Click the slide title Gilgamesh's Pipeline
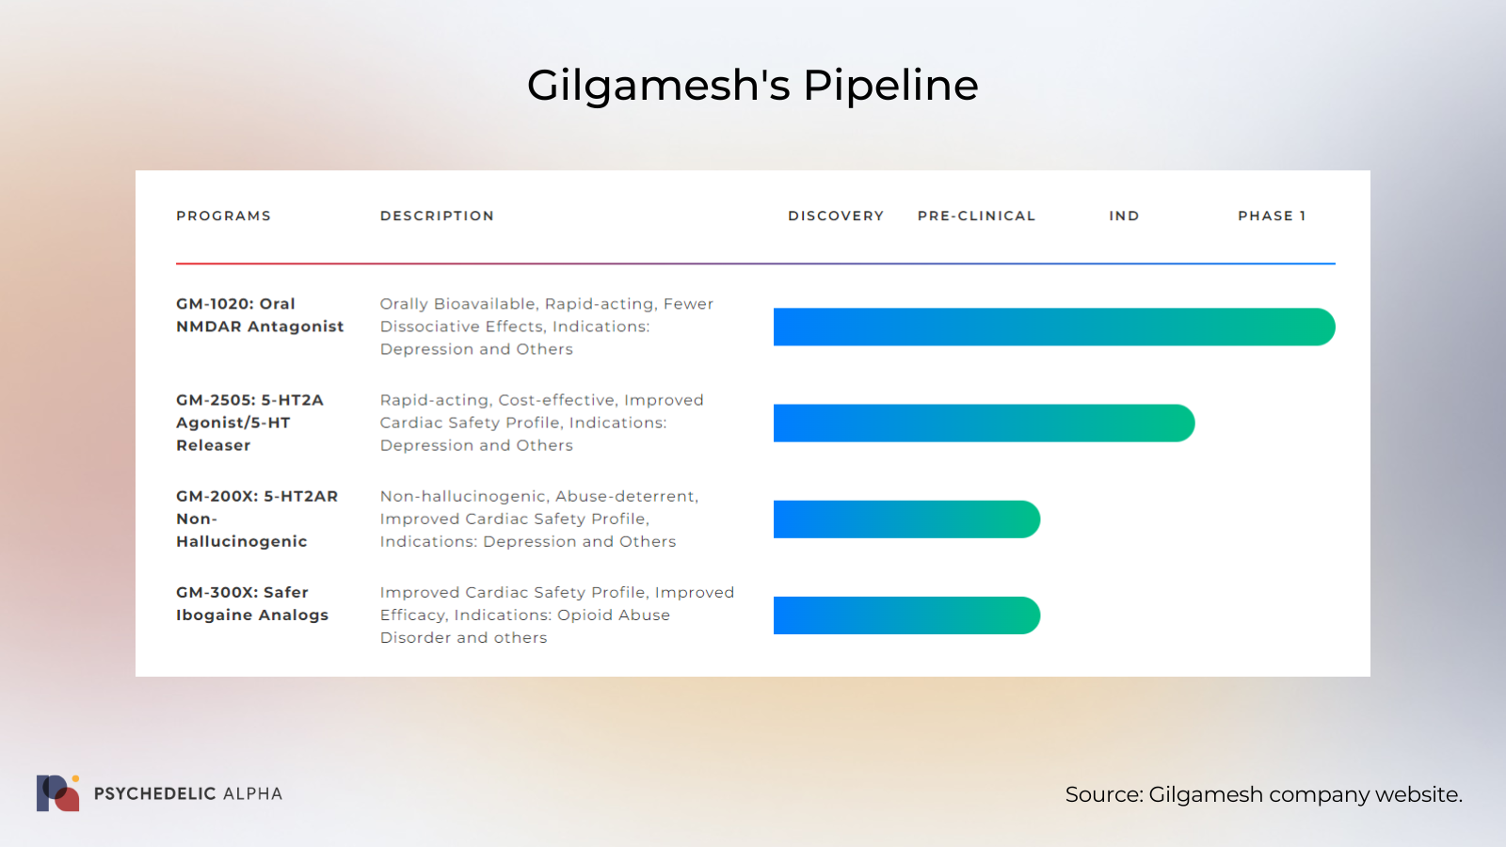[x=752, y=86]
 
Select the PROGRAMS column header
[x=224, y=216]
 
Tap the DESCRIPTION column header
[x=437, y=216]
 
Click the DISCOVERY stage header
[x=836, y=216]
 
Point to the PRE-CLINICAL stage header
[x=976, y=216]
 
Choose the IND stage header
[x=1124, y=216]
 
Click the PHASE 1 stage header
[x=1272, y=216]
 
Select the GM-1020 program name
[x=260, y=314]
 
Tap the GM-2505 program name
[x=250, y=423]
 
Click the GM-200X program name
[x=257, y=519]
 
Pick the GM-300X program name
[x=252, y=603]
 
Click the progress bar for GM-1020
[x=1054, y=327]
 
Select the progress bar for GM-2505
[x=985, y=423]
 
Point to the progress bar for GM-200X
[x=907, y=519]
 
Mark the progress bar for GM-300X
[x=907, y=615]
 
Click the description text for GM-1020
[x=547, y=326]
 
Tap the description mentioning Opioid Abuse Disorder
[x=557, y=615]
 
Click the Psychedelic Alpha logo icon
[x=57, y=793]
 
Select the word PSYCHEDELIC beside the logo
[x=154, y=794]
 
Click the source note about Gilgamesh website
[x=1264, y=794]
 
